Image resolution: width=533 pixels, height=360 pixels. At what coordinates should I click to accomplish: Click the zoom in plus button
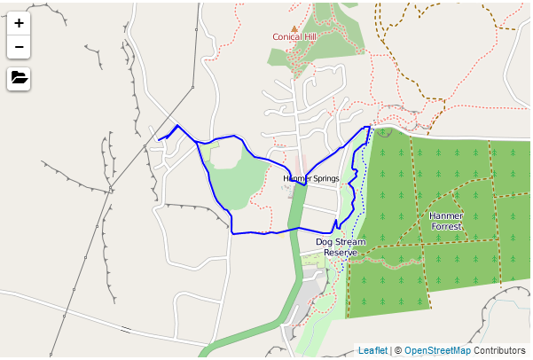19,23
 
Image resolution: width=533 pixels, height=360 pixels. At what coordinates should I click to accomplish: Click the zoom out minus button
19,47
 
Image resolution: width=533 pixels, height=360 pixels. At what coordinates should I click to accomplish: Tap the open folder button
19,78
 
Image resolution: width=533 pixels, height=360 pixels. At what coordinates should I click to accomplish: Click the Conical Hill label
294,37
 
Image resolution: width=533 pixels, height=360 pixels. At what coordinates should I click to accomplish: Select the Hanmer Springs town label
310,178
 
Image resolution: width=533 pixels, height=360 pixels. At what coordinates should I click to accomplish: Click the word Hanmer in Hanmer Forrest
446,215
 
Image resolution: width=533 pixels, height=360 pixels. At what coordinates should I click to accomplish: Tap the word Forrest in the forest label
446,226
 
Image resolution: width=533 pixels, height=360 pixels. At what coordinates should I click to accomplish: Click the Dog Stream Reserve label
340,247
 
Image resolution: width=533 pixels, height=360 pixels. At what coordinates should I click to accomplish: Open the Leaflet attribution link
372,351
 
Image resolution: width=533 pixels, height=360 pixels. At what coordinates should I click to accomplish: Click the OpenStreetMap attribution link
438,351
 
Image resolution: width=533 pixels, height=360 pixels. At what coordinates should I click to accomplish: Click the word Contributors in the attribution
500,351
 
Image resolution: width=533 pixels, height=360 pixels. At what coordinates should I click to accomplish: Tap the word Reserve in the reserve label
340,253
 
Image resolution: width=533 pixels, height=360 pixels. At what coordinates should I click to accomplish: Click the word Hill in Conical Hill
309,37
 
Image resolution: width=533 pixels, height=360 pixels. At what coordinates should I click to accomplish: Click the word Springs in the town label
324,178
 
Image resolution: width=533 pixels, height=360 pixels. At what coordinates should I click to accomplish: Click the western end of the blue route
159,139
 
